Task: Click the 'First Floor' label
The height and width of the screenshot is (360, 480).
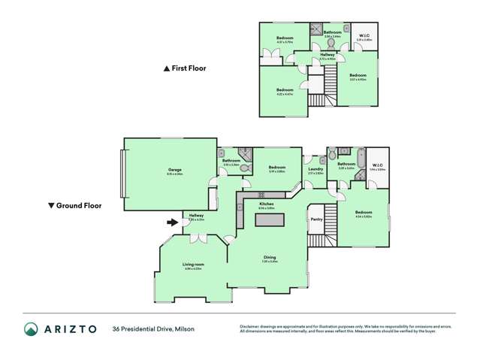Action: pos(189,68)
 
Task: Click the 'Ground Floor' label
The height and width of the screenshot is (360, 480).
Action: pos(78,205)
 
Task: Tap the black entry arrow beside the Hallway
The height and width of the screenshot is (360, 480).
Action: pos(173,222)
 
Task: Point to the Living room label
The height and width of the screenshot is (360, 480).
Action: pos(193,264)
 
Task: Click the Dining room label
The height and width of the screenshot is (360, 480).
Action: pos(269,258)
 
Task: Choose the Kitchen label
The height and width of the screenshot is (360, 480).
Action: pos(266,204)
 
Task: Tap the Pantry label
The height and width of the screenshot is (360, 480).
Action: pos(316,219)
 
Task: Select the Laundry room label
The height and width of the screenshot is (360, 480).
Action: pos(315,169)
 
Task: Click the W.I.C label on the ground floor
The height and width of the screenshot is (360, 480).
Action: pos(376,165)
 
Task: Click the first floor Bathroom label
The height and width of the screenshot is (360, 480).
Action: pos(333,32)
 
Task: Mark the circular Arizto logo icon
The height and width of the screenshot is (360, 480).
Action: pos(31,328)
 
